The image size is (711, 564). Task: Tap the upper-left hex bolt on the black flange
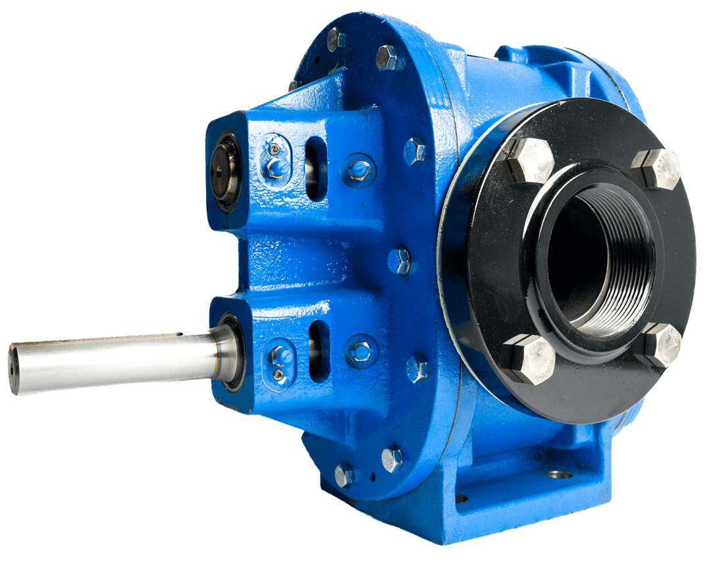pos(530,160)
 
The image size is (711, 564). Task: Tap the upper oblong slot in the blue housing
pos(317,168)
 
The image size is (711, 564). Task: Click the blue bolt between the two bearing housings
pos(400,261)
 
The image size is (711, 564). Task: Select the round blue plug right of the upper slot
pos(359,169)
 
